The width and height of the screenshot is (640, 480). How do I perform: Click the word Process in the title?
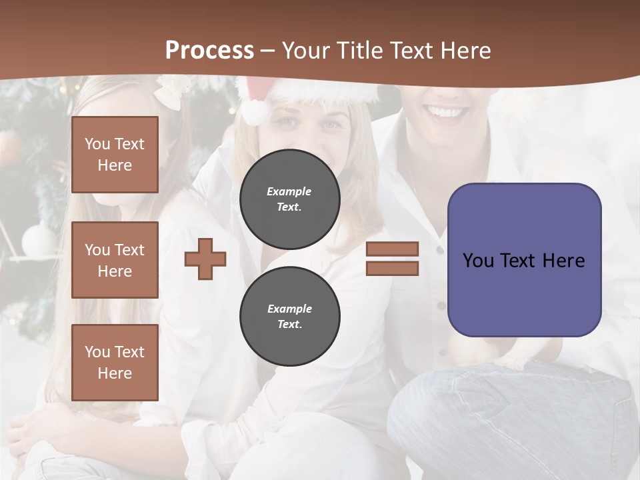coord(209,51)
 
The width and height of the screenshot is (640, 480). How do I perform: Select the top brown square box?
coord(115,155)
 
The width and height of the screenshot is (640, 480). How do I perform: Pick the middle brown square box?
coord(115,260)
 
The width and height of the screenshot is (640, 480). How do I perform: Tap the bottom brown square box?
coord(115,362)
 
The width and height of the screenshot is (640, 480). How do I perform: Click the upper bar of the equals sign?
coord(392,249)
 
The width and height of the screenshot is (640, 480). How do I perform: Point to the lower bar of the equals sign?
coord(392,269)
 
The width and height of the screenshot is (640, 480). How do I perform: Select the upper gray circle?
coord(289,199)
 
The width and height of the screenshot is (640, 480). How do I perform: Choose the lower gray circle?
coord(289,317)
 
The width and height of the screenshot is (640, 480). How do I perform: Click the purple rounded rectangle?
coord(524,293)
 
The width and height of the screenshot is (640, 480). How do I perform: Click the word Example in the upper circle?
coord(289,192)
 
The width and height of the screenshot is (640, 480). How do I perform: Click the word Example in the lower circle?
coord(289,309)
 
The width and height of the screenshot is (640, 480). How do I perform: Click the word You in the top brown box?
coord(97,144)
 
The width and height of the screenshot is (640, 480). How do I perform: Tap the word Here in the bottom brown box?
coord(115,373)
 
